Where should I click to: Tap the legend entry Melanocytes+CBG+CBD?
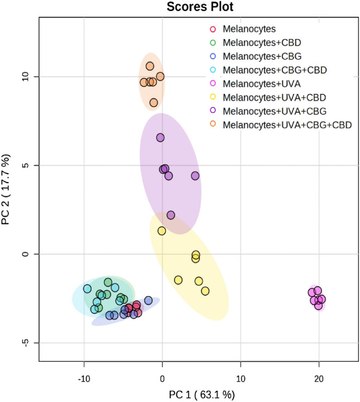click(x=274, y=70)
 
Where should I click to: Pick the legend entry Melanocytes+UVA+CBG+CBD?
click(x=287, y=125)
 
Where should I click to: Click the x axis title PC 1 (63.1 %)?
click(x=202, y=394)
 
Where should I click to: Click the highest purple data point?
click(x=160, y=137)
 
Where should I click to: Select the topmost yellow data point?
click(x=161, y=231)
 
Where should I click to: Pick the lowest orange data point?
click(x=153, y=103)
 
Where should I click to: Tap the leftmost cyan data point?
click(x=87, y=289)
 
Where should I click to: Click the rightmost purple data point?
click(x=195, y=175)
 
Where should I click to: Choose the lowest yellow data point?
click(x=205, y=291)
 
